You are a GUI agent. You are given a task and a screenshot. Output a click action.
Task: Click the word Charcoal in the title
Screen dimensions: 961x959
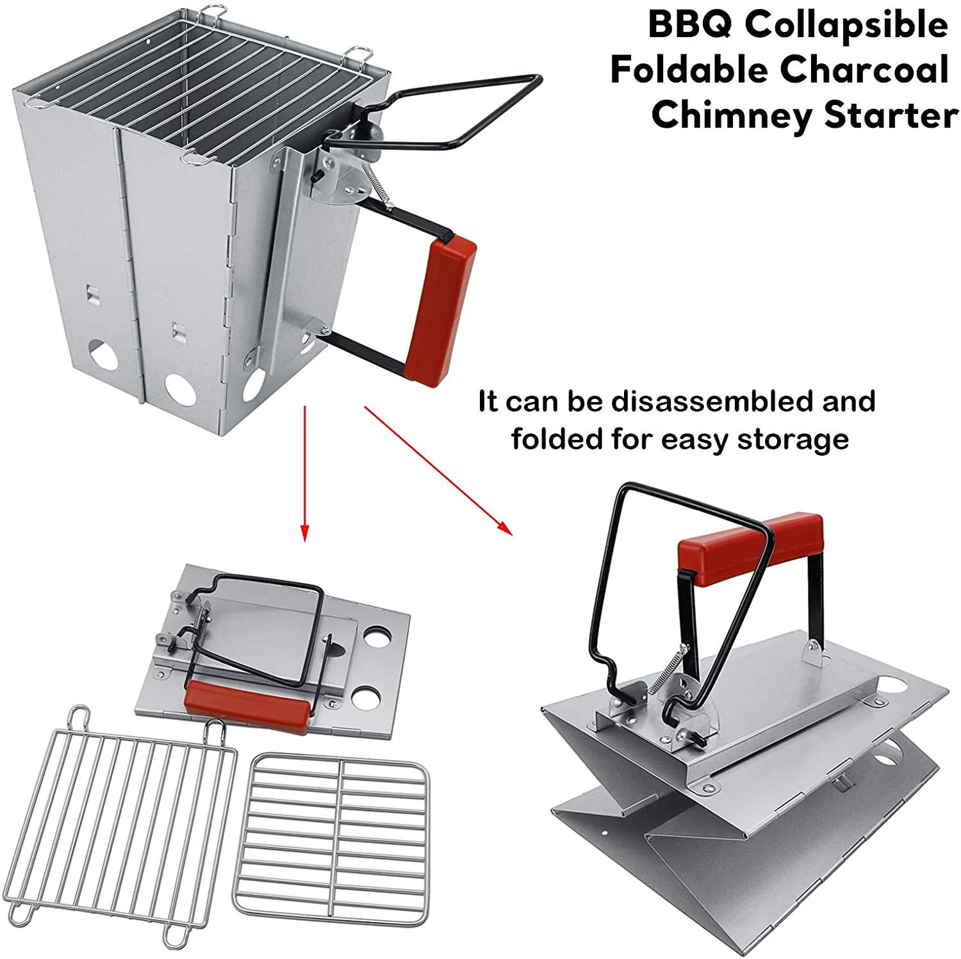pyautogui.click(x=864, y=70)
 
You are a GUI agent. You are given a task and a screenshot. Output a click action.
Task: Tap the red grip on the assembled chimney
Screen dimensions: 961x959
pyautogui.click(x=441, y=311)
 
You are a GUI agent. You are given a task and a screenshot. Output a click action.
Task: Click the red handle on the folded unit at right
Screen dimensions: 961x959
pyautogui.click(x=750, y=549)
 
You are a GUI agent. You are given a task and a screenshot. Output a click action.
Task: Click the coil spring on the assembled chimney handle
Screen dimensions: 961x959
pyautogui.click(x=377, y=182)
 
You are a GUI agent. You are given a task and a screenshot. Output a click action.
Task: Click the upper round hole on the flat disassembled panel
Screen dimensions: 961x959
pyautogui.click(x=378, y=638)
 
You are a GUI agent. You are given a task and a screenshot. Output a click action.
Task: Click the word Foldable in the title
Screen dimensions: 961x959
pyautogui.click(x=689, y=70)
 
